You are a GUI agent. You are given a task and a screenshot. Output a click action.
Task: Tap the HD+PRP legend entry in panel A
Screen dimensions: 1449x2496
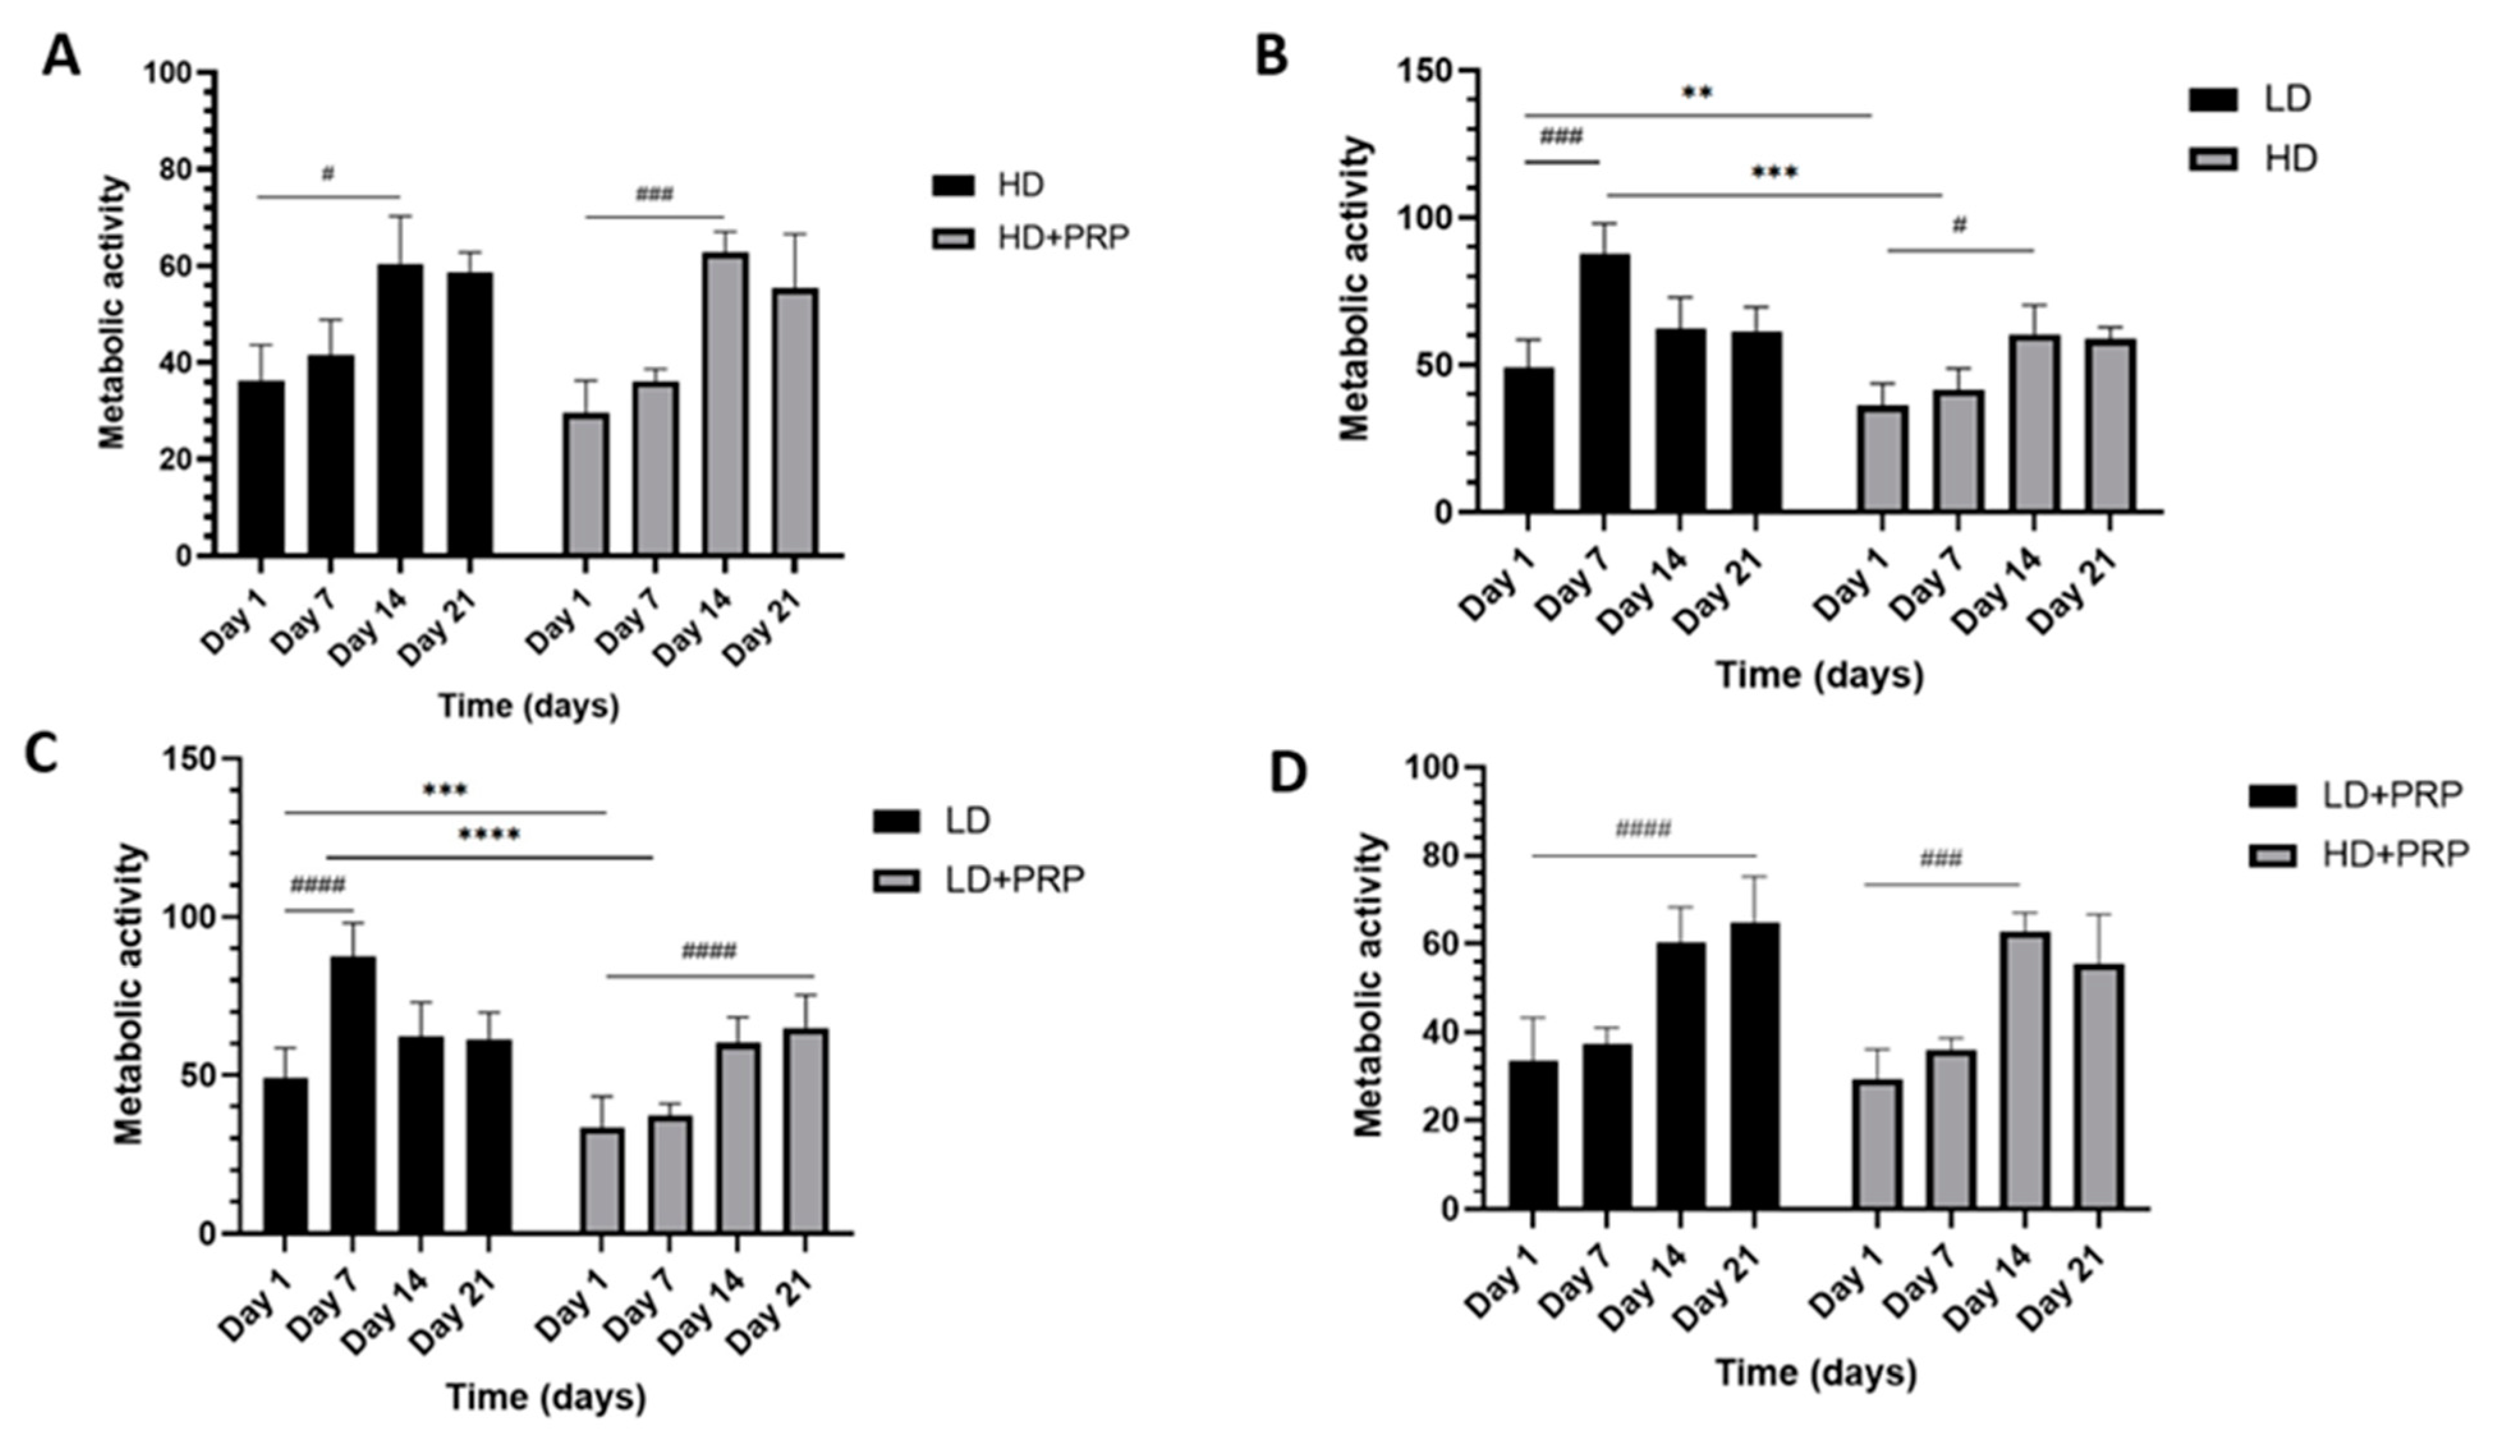(x=1030, y=238)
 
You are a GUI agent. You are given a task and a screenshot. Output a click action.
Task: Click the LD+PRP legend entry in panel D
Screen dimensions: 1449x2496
(x=2357, y=795)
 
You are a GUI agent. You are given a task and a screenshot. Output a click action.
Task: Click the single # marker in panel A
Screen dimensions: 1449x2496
(x=328, y=174)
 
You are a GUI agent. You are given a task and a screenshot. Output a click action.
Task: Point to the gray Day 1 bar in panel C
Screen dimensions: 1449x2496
(x=602, y=1180)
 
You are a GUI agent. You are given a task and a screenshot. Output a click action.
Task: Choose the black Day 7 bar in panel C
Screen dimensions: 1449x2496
(x=353, y=1094)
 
